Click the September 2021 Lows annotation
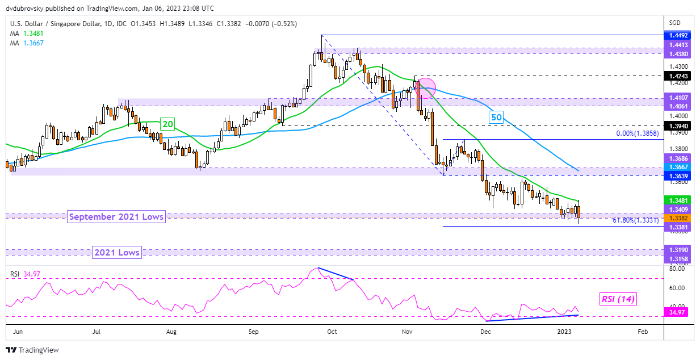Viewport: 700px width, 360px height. click(x=116, y=216)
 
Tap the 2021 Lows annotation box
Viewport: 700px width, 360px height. click(x=116, y=253)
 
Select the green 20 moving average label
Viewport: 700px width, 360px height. click(x=167, y=124)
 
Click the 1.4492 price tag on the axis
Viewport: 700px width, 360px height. click(x=679, y=35)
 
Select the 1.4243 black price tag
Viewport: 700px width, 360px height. click(x=679, y=75)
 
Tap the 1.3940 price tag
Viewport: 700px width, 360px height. click(x=679, y=125)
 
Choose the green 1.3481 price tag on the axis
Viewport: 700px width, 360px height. click(x=679, y=200)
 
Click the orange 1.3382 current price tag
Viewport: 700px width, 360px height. click(x=679, y=218)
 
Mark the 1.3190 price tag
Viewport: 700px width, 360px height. click(x=679, y=249)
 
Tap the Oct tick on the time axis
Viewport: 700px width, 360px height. click(x=332, y=331)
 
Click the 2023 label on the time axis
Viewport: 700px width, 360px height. click(x=564, y=331)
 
